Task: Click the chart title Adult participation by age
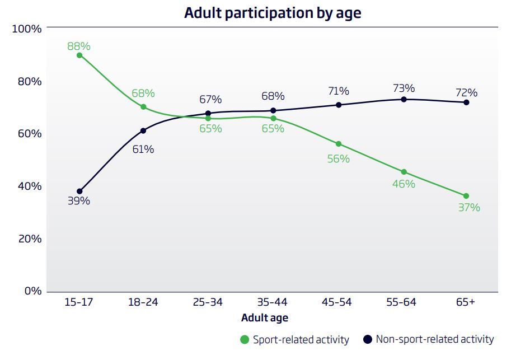coord(273,13)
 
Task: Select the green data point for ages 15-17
coord(79,55)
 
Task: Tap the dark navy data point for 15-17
coord(79,191)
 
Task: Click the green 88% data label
coord(79,46)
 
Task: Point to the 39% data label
coord(79,201)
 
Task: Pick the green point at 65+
coord(466,196)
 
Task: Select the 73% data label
coord(404,88)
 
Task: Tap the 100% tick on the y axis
coord(27,29)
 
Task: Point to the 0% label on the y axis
coord(32,291)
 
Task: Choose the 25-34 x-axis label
coord(208,302)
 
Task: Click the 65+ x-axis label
coord(465,302)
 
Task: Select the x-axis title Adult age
coord(265,318)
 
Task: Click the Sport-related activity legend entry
coord(294,339)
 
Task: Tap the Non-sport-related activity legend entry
coord(429,339)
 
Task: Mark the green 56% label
coord(339,159)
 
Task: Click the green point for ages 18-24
coord(143,107)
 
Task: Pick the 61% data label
coord(143,149)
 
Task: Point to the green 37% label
coord(469,208)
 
